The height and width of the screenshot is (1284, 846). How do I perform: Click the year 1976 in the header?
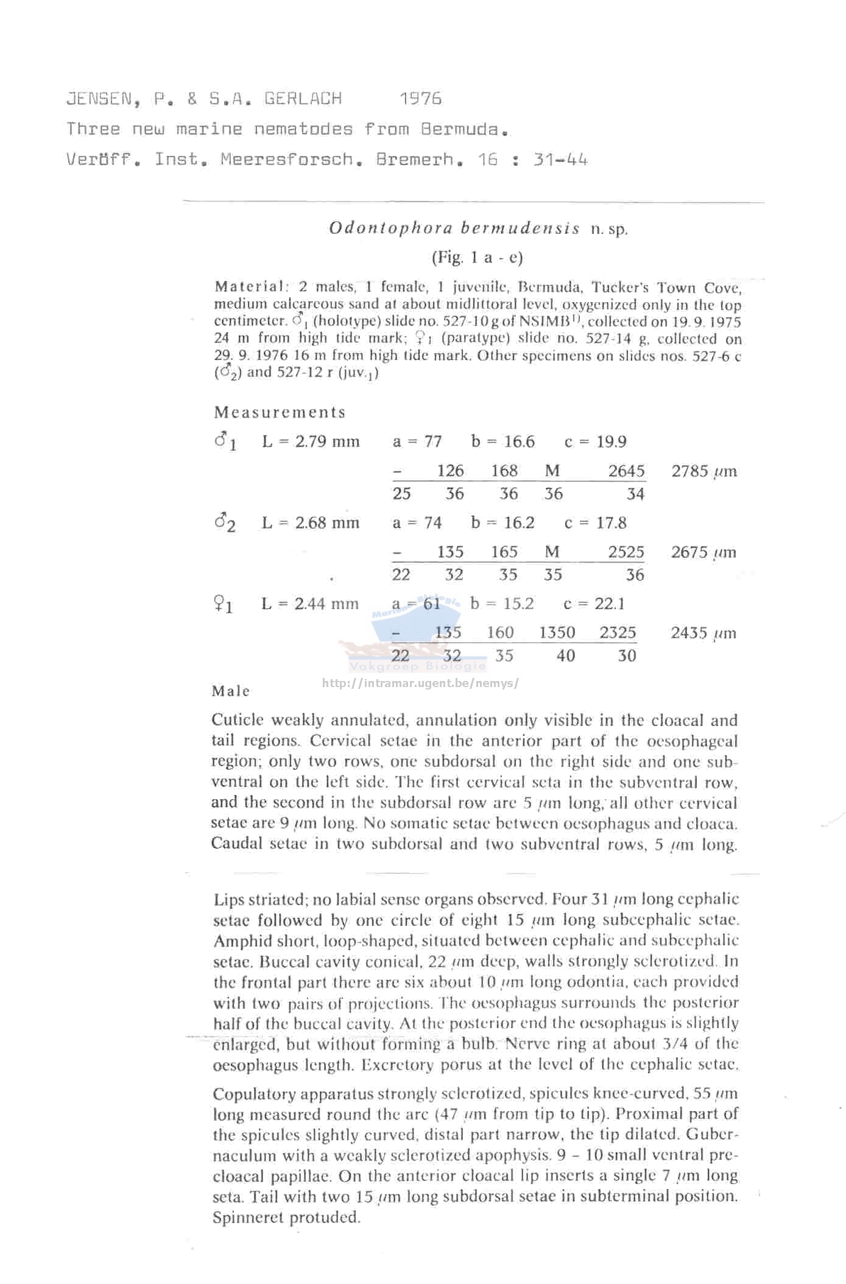[x=421, y=99]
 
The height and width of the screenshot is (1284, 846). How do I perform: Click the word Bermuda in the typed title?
[x=464, y=129]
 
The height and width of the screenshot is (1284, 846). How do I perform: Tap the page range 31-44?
[x=560, y=160]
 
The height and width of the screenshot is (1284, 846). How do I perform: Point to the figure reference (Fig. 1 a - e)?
[x=477, y=258]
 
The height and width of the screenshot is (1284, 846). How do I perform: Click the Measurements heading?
[x=280, y=412]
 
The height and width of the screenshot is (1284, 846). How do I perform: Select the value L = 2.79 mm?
[x=311, y=441]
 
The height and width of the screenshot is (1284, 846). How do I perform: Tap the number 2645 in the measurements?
[x=626, y=471]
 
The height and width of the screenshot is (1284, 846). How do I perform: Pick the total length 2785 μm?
[x=703, y=471]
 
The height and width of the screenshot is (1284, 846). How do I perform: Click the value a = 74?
[x=417, y=523]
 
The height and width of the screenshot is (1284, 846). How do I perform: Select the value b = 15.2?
[x=502, y=604]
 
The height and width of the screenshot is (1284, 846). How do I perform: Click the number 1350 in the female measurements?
[x=557, y=633]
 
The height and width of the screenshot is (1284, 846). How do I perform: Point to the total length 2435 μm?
[x=703, y=633]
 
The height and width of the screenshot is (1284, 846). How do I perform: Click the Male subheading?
[x=231, y=691]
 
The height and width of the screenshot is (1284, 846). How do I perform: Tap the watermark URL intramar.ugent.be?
[x=420, y=683]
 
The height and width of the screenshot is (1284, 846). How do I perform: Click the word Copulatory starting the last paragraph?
[x=254, y=1094]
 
